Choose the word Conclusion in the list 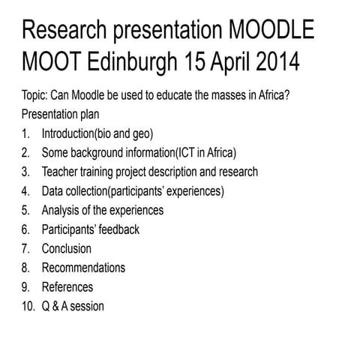(67, 248)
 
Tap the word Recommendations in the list (83, 268)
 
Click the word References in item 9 (67, 286)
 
